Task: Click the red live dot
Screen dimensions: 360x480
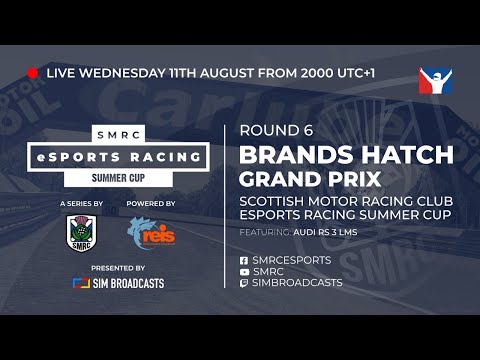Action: coord(33,73)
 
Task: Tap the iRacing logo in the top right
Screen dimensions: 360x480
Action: coord(436,83)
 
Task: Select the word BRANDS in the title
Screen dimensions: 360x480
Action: coord(298,156)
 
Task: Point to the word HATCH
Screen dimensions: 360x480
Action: coord(409,156)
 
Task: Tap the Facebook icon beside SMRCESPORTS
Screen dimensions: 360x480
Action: coord(245,260)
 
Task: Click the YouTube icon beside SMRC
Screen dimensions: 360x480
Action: coord(245,271)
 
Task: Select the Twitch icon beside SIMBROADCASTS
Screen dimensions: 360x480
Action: coord(245,283)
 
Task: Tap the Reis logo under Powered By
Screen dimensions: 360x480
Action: coord(151,234)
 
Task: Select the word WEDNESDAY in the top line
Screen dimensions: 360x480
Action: coord(128,73)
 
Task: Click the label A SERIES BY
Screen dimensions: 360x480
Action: coord(82,203)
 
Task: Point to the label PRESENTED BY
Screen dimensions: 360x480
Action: coord(118,268)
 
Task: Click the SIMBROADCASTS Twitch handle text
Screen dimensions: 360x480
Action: coord(298,283)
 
